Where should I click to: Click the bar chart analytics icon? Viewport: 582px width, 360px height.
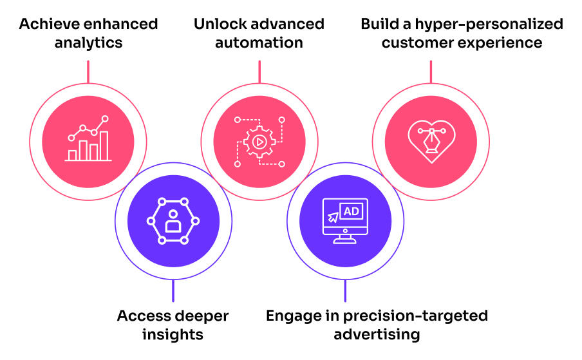89,139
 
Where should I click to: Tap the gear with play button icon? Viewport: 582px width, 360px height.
259,141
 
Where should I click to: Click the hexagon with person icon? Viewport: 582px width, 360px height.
173,221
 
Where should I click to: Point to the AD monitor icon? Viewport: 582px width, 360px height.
345,221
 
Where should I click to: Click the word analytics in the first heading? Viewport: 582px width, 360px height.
88,43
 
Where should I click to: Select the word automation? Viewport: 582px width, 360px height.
259,43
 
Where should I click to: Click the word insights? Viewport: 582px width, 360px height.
173,334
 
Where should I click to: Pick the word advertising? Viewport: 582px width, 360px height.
377,334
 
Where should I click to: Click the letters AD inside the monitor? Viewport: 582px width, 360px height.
352,211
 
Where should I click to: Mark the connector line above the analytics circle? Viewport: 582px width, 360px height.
88,72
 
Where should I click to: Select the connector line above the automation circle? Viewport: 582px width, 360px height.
259,72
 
